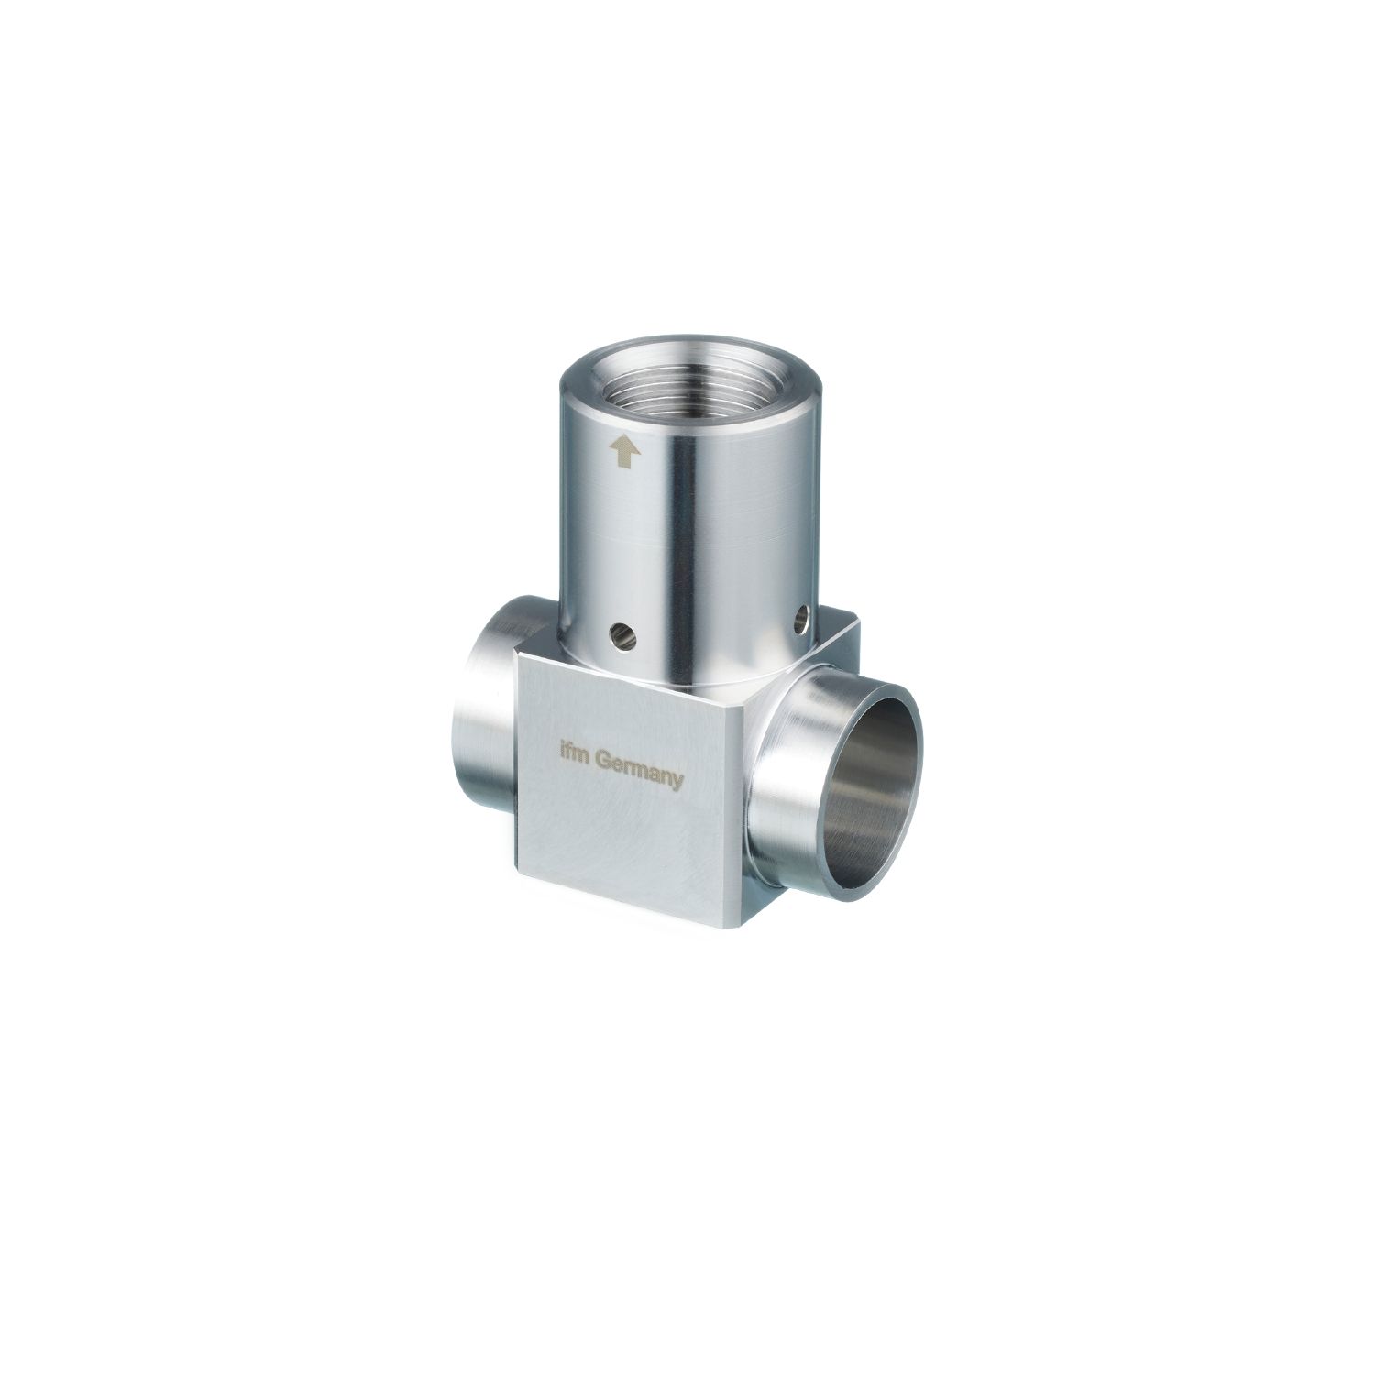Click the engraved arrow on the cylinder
(626, 450)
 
